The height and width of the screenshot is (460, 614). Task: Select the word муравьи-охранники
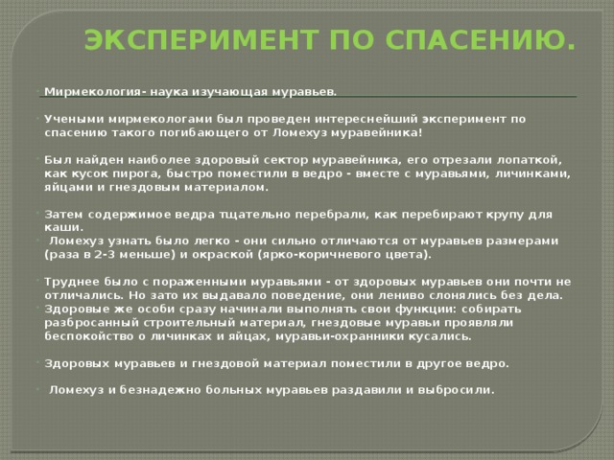[317, 337]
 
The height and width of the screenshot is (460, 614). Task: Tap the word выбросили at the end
[457, 390]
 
